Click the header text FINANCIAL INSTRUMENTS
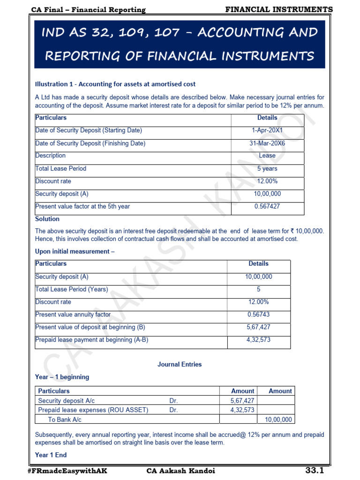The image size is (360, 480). tap(279, 9)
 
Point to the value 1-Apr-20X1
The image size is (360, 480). tap(267, 130)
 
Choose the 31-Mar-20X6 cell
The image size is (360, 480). tap(267, 143)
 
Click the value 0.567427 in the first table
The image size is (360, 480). tap(267, 206)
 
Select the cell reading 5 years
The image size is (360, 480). tap(267, 169)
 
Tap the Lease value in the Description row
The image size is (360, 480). tap(267, 156)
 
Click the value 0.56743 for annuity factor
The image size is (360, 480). tap(258, 315)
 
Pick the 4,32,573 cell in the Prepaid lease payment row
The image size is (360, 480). tap(258, 340)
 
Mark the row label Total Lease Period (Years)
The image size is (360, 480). tap(71, 289)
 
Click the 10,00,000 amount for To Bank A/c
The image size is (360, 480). tap(278, 420)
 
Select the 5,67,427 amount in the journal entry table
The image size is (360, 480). tap(242, 401)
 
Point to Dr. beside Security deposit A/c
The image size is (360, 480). tap(174, 401)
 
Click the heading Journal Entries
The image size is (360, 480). tap(180, 364)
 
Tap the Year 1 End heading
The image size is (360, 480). tap(51, 455)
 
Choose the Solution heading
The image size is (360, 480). tap(47, 219)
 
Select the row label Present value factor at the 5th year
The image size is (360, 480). tap(82, 206)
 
